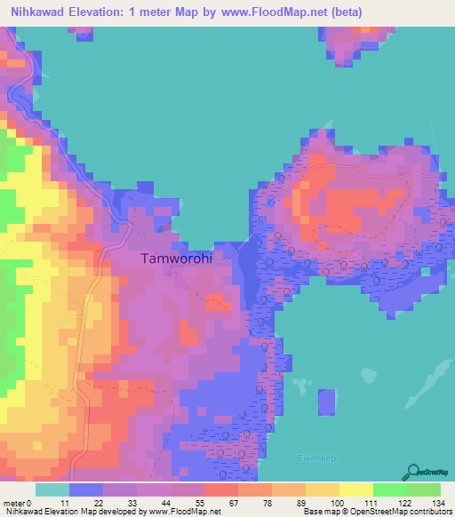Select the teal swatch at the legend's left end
(x=52, y=489)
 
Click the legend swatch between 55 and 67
(x=221, y=489)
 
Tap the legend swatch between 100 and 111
(x=356, y=489)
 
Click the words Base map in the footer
(x=319, y=513)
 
